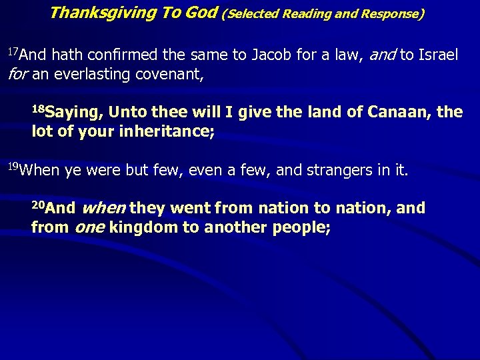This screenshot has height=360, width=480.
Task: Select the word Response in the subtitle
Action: tap(393, 13)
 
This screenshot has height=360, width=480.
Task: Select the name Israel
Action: tap(437, 55)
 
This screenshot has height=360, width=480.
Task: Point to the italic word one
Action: tap(89, 227)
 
